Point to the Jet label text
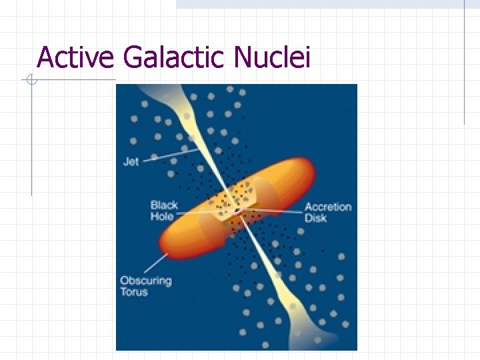[x=131, y=161]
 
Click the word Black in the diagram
[x=164, y=206]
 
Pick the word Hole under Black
[x=162, y=217]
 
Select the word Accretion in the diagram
[x=328, y=207]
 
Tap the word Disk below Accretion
[x=315, y=217]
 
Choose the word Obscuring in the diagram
[x=145, y=281]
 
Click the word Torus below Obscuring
[x=134, y=292]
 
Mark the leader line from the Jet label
[x=170, y=155]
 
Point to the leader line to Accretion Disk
[x=273, y=213]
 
